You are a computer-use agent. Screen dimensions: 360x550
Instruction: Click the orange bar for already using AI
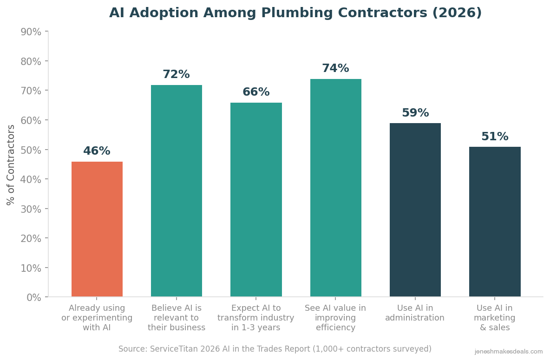click(x=97, y=229)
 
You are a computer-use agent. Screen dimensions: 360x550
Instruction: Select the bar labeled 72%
click(x=177, y=191)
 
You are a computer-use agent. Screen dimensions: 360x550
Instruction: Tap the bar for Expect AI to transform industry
click(x=256, y=200)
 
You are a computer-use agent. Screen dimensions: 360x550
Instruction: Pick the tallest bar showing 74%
click(x=336, y=188)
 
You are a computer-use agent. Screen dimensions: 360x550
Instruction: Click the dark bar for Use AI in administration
click(x=415, y=210)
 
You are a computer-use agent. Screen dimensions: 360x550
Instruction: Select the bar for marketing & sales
click(x=495, y=222)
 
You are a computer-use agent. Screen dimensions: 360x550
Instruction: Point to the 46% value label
click(x=97, y=151)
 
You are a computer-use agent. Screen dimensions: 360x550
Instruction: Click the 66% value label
click(x=256, y=92)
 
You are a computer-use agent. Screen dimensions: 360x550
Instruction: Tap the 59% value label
click(x=415, y=113)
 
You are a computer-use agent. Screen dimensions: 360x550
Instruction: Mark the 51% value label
click(x=495, y=137)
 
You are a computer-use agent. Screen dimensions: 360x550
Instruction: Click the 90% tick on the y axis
click(x=31, y=32)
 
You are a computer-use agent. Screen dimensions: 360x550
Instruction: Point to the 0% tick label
click(x=34, y=297)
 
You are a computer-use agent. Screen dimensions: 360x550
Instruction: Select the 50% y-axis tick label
click(x=31, y=150)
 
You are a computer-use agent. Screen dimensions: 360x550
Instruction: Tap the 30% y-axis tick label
click(x=31, y=209)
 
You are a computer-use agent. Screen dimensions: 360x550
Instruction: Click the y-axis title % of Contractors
click(x=11, y=164)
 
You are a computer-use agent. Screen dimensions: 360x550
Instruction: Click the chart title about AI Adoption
click(x=295, y=13)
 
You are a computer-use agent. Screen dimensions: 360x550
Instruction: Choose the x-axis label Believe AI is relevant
click(x=177, y=318)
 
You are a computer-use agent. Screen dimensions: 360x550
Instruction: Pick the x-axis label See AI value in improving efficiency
click(x=335, y=318)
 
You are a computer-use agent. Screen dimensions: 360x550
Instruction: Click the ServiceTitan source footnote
click(x=275, y=349)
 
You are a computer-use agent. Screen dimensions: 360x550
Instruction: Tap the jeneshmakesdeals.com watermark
click(x=509, y=352)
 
